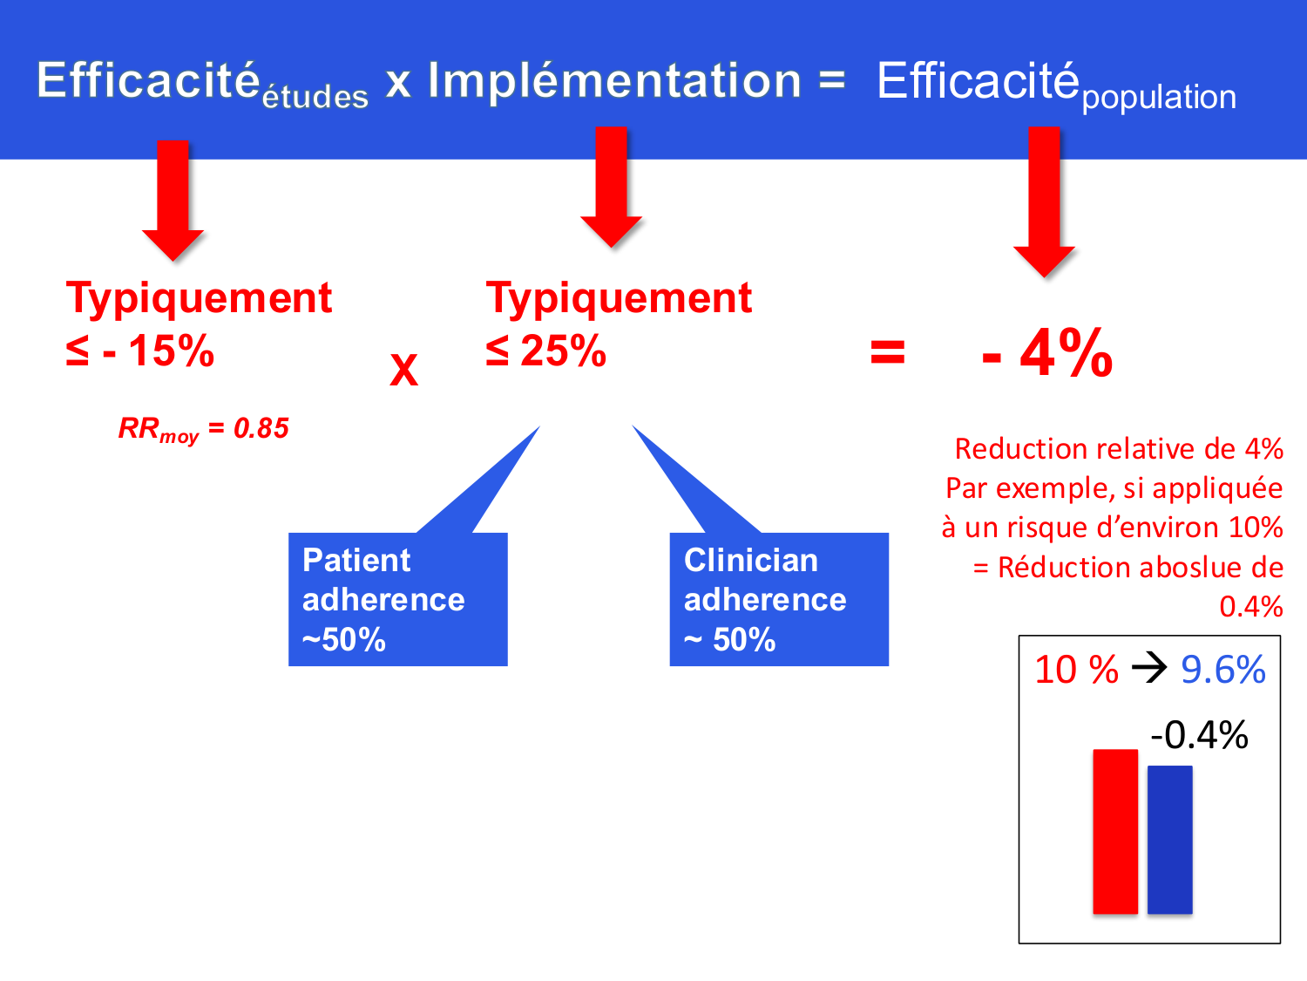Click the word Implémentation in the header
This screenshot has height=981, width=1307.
[614, 81]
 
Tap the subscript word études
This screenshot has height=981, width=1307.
[315, 97]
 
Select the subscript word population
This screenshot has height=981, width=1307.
[1158, 97]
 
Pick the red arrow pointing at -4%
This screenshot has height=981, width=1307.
[1044, 200]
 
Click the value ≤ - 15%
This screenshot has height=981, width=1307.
[140, 351]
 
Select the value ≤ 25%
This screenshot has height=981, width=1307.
[546, 351]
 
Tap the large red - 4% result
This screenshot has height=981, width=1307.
[1047, 354]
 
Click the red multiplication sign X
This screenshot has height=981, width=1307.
[403, 370]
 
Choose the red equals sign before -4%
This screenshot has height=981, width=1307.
[887, 353]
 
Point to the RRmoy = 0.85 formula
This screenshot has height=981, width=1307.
[204, 429]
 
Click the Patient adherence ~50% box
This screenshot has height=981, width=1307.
[397, 599]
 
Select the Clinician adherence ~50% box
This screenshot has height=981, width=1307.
[778, 599]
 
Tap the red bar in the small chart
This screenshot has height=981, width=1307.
[1115, 831]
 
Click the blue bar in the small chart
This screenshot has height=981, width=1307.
[1169, 839]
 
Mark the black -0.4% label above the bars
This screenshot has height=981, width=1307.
[1199, 735]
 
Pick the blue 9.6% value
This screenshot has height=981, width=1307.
[1222, 670]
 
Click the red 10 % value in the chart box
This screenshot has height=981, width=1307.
[1076, 670]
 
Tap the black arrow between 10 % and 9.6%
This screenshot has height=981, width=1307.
[1149, 669]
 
